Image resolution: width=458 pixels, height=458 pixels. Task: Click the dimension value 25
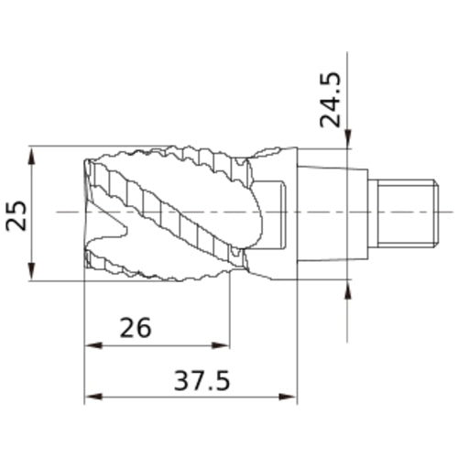[x=16, y=215]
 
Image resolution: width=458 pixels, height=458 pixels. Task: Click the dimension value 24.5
[x=330, y=100]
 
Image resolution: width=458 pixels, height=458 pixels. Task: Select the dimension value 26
[x=136, y=328]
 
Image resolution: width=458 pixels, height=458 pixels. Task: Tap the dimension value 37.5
[x=202, y=380]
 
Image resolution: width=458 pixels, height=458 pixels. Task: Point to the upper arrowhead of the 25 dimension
[x=32, y=157]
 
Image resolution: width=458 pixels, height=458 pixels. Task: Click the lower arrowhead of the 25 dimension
[x=32, y=271]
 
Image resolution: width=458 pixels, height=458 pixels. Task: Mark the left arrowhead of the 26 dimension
[x=93, y=345]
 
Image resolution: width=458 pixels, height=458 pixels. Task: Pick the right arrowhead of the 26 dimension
[x=221, y=345]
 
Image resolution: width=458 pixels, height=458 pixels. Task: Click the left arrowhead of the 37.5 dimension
[x=93, y=397]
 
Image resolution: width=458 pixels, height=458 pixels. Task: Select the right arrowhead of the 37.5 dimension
[x=288, y=397]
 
